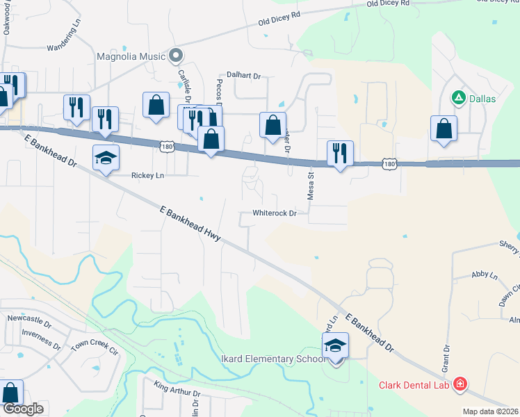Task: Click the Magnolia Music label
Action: click(x=131, y=56)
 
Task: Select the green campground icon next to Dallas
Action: click(x=458, y=98)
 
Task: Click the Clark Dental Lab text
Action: click(x=414, y=385)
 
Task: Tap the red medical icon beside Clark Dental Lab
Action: click(x=459, y=384)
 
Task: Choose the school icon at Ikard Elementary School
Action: click(x=335, y=345)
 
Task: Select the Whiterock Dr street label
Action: click(x=275, y=213)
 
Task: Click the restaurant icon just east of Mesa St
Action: click(x=340, y=153)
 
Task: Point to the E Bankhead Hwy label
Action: click(x=190, y=224)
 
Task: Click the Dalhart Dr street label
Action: click(x=243, y=75)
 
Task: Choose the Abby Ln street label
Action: click(x=485, y=276)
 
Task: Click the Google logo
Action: click(x=23, y=409)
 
